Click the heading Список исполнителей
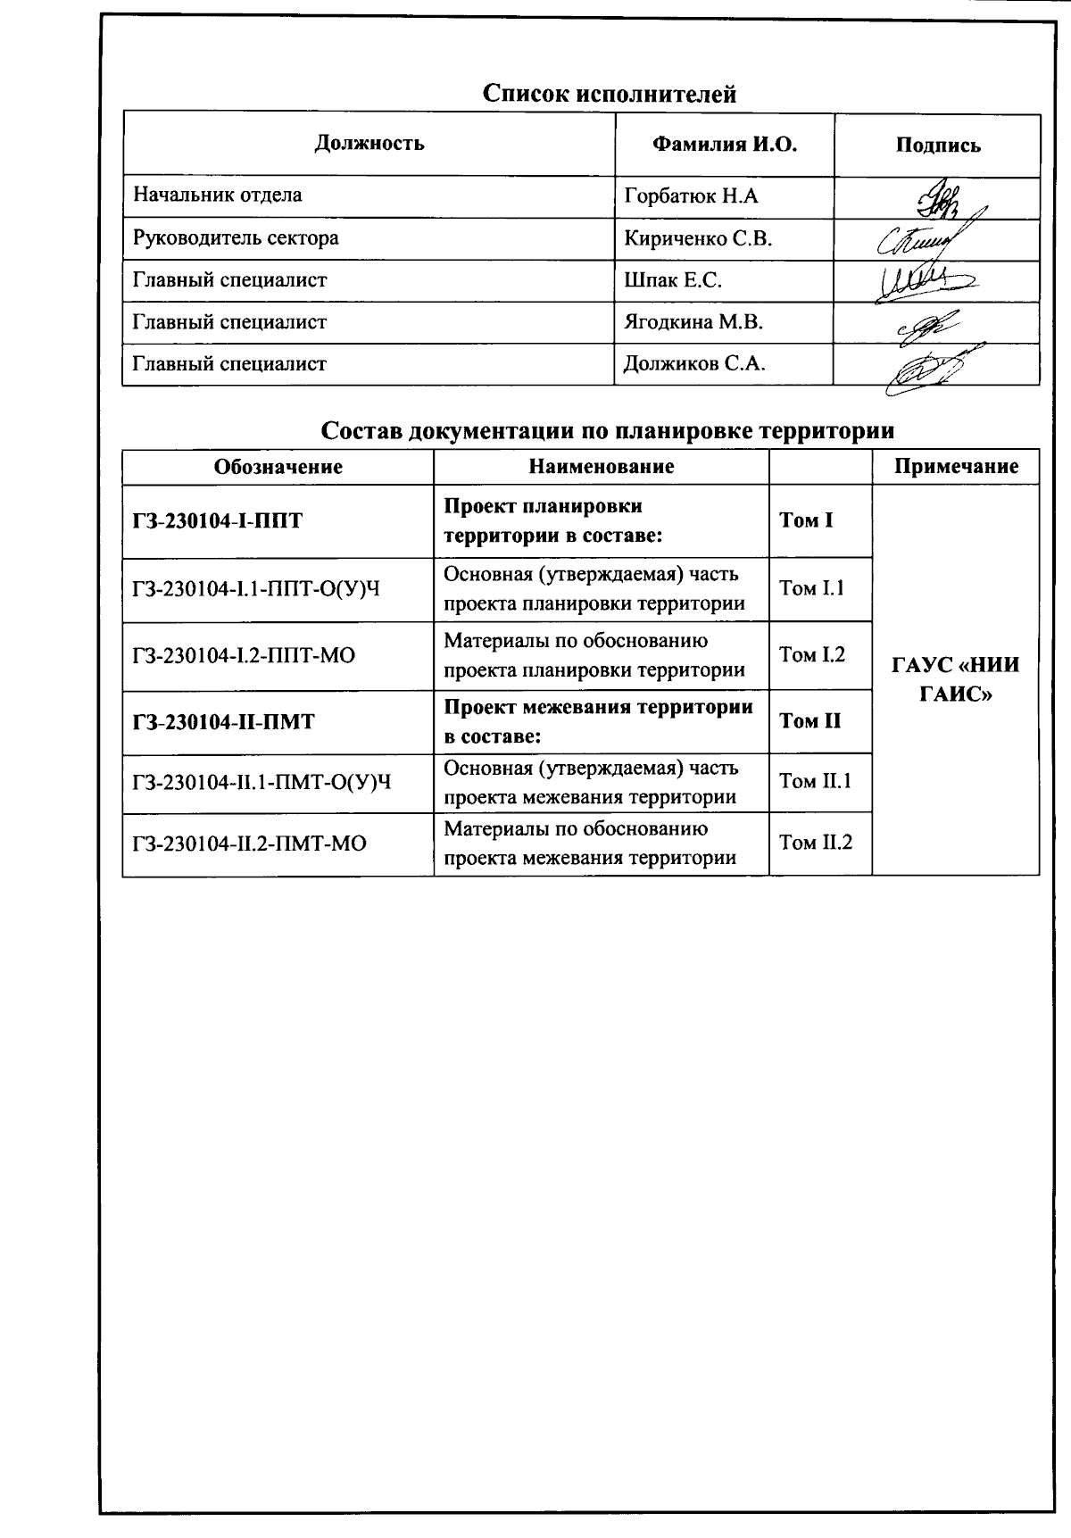(x=610, y=94)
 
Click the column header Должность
(x=369, y=144)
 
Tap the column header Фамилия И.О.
(x=724, y=145)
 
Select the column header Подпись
(x=937, y=145)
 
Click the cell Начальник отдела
(x=218, y=195)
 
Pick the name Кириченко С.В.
(x=698, y=239)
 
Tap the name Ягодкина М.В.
(x=693, y=322)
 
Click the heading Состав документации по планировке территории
(x=607, y=431)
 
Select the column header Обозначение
(x=278, y=467)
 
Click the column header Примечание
(x=956, y=466)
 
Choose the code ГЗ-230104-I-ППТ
(x=218, y=521)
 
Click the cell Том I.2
(x=812, y=655)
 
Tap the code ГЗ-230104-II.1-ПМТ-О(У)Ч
(x=262, y=783)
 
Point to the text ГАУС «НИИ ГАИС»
(x=955, y=679)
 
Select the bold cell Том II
(x=809, y=721)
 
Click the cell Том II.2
(x=816, y=843)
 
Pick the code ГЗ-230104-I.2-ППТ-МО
(x=244, y=656)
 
